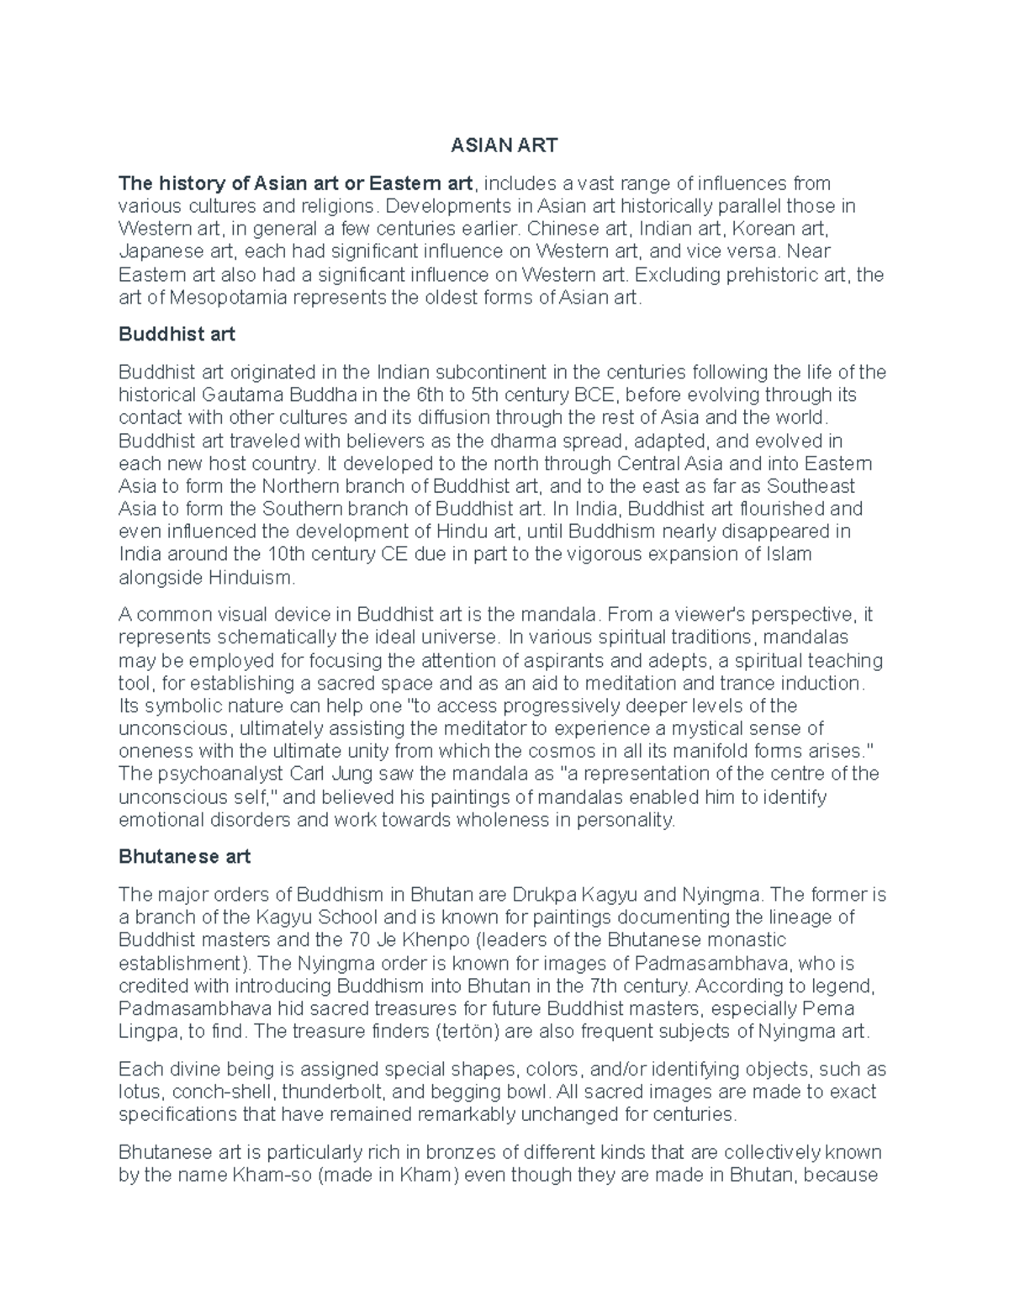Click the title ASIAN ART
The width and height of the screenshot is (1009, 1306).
point(504,145)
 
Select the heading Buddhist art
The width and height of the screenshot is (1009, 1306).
point(177,334)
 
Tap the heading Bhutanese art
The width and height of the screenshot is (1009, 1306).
point(184,857)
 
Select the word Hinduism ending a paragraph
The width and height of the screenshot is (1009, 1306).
point(252,578)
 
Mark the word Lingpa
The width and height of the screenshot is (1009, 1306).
point(148,1031)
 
